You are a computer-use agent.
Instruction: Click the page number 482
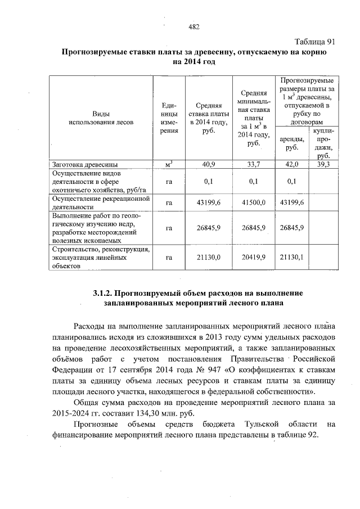(194, 27)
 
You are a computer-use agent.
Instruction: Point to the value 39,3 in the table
(323, 165)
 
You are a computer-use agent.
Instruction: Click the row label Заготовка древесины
(84, 165)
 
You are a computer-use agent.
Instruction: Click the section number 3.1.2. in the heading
(105, 293)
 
